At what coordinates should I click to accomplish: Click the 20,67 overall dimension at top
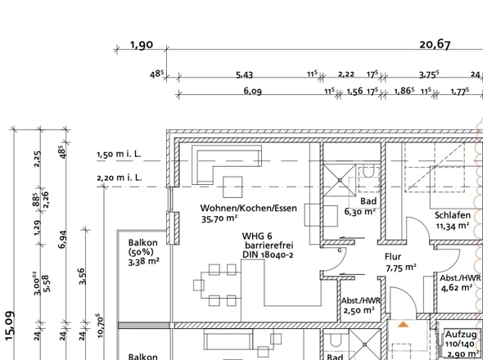pyautogui.click(x=435, y=45)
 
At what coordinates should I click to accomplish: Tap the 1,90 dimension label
pyautogui.click(x=142, y=45)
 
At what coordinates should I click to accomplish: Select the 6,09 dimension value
pyautogui.click(x=253, y=91)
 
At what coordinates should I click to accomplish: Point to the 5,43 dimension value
pyautogui.click(x=244, y=74)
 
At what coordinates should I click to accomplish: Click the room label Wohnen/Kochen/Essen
pyautogui.click(x=249, y=208)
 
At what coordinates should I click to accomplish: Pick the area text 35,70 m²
pyautogui.click(x=219, y=218)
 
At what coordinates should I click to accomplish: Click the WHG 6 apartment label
pyautogui.click(x=257, y=236)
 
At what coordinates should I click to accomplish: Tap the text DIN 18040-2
pyautogui.click(x=268, y=254)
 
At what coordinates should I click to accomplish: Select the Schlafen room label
pyautogui.click(x=453, y=215)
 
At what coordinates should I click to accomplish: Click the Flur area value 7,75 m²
pyautogui.click(x=401, y=268)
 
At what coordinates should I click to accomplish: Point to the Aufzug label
pyautogui.click(x=461, y=335)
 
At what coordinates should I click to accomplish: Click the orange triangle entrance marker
pyautogui.click(x=403, y=324)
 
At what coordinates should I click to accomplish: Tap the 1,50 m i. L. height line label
pyautogui.click(x=119, y=154)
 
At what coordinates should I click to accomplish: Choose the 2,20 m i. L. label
pyautogui.click(x=120, y=178)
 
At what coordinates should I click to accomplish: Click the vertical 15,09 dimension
pyautogui.click(x=10, y=326)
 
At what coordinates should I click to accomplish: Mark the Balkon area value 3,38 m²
pyautogui.click(x=143, y=262)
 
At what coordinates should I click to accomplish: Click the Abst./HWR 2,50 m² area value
pyautogui.click(x=359, y=310)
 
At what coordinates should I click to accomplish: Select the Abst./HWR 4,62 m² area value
pyautogui.click(x=457, y=288)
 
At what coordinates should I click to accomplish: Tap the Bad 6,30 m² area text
pyautogui.click(x=359, y=212)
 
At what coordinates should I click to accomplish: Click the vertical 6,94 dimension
pyautogui.click(x=62, y=239)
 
